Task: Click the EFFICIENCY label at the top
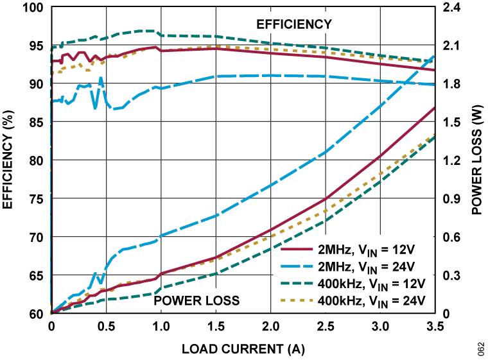294,24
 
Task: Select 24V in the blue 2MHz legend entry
401,266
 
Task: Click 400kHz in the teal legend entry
339,283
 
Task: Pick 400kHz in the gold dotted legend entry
339,300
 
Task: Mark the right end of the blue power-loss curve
434,56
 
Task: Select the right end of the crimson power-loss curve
434,108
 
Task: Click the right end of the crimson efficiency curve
434,70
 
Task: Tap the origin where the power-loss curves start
52,313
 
